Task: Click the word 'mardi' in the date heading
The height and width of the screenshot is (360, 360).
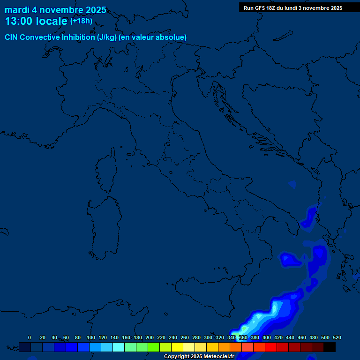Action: pos(17,10)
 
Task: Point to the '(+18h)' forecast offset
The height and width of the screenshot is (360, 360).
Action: pos(81,21)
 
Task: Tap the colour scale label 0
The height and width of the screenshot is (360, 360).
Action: pos(30,337)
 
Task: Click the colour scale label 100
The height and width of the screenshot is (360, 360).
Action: pos(91,337)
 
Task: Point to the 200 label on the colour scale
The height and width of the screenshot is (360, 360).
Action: pos(150,337)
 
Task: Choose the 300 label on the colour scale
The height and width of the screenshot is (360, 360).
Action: pos(208,337)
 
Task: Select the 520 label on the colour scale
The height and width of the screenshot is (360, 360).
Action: pos(337,337)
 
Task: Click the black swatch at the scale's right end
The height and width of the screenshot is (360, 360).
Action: pos(330,347)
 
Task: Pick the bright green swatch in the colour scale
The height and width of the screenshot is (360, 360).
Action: pos(154,347)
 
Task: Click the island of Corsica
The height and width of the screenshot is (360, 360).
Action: pos(107,171)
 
